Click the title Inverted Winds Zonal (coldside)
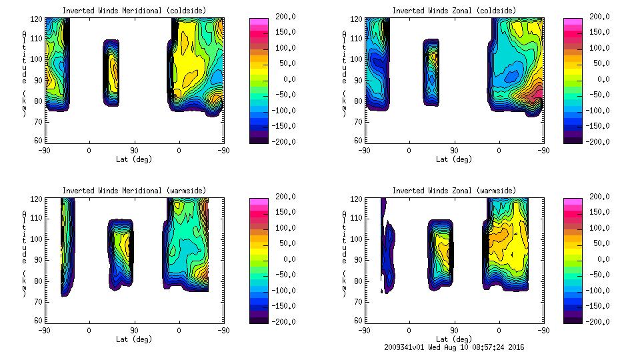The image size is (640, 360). pyautogui.click(x=454, y=11)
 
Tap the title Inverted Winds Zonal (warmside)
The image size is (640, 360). pyautogui.click(x=454, y=191)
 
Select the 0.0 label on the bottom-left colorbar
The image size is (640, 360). pyautogui.click(x=282, y=259)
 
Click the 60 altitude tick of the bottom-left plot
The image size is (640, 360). pyautogui.click(x=39, y=321)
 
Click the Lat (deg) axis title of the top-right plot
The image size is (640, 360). pyautogui.click(x=454, y=159)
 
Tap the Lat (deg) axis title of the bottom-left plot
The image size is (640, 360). pyautogui.click(x=134, y=339)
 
